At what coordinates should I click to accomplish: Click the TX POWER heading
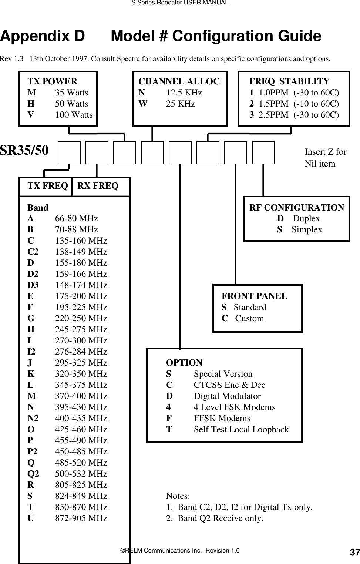tap(53, 81)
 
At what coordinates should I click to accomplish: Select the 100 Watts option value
tap(74, 115)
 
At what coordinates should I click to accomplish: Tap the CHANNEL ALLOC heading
tap(179, 81)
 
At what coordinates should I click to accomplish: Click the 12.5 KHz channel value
tap(184, 93)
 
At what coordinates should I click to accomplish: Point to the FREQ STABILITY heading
tap(289, 81)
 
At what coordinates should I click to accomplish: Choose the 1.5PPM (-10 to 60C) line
tap(294, 104)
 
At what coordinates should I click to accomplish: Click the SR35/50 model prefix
tap(24, 151)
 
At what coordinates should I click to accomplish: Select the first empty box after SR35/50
tap(69, 152)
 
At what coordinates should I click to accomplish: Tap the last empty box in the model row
tap(263, 152)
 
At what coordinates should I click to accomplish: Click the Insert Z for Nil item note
tap(325, 158)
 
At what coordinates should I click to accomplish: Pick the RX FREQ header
tap(98, 186)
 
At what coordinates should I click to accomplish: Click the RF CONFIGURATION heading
tap(297, 208)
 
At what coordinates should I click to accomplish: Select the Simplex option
tap(306, 230)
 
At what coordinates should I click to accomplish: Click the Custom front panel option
tap(249, 319)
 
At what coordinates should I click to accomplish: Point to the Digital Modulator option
tap(227, 396)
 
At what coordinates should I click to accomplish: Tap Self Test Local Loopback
tap(241, 430)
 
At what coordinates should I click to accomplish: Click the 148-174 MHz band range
tap(81, 285)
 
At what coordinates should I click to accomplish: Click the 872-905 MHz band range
tap(81, 518)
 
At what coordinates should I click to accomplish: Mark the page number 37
tap(354, 553)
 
